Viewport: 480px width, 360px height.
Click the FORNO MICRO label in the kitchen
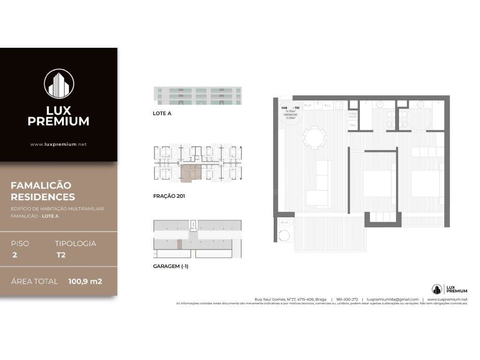click(x=353, y=115)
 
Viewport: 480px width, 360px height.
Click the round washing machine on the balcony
click(x=284, y=236)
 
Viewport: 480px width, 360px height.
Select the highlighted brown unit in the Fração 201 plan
click(x=190, y=172)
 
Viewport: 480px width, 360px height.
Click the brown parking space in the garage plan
click(x=179, y=244)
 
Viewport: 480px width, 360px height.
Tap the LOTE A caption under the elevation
click(x=162, y=113)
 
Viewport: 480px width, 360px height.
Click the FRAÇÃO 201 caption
click(x=169, y=196)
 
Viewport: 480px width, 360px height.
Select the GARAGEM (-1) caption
click(x=171, y=266)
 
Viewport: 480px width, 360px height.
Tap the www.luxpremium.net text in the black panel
click(x=59, y=144)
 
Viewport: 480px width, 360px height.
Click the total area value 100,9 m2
click(x=85, y=282)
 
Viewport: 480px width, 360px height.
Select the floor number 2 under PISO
click(x=15, y=255)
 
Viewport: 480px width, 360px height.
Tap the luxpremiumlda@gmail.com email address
click(x=392, y=299)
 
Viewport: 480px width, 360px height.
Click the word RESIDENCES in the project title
click(x=43, y=197)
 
